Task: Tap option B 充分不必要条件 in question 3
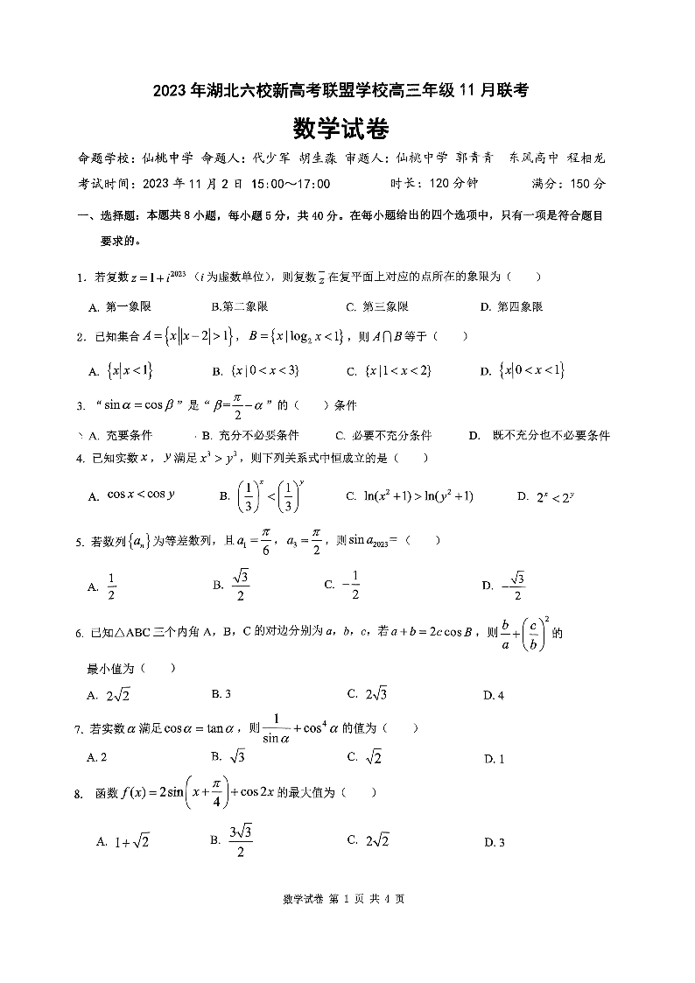click(x=249, y=435)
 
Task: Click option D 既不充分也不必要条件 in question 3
click(x=539, y=435)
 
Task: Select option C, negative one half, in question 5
click(x=342, y=585)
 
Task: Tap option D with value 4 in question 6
click(x=494, y=696)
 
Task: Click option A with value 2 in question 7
click(x=97, y=757)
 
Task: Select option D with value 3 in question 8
click(x=494, y=842)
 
